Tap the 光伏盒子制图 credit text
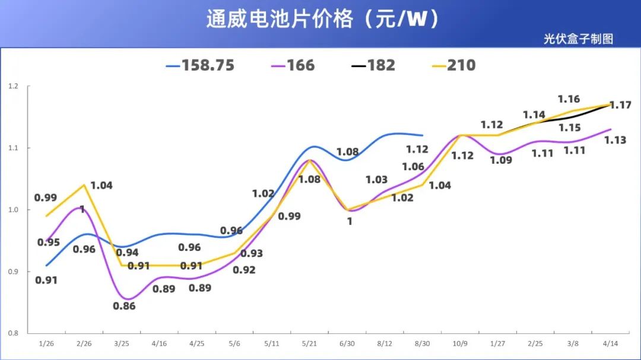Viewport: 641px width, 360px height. (577, 39)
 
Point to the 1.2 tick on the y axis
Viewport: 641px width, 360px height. (13, 87)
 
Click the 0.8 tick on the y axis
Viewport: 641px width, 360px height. (13, 333)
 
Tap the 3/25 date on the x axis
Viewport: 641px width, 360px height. (121, 344)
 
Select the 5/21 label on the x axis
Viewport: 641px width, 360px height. (309, 344)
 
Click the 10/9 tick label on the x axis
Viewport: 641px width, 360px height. (460, 344)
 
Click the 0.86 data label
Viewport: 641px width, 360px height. (124, 306)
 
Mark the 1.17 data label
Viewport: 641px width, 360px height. (620, 105)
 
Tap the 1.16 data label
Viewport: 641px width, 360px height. (569, 99)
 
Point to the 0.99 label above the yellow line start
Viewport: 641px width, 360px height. (46, 197)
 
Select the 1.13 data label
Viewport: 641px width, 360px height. (615, 141)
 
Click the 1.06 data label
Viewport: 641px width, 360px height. (413, 167)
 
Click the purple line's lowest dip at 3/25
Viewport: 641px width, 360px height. (127, 299)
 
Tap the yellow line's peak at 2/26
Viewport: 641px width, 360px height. (84, 185)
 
